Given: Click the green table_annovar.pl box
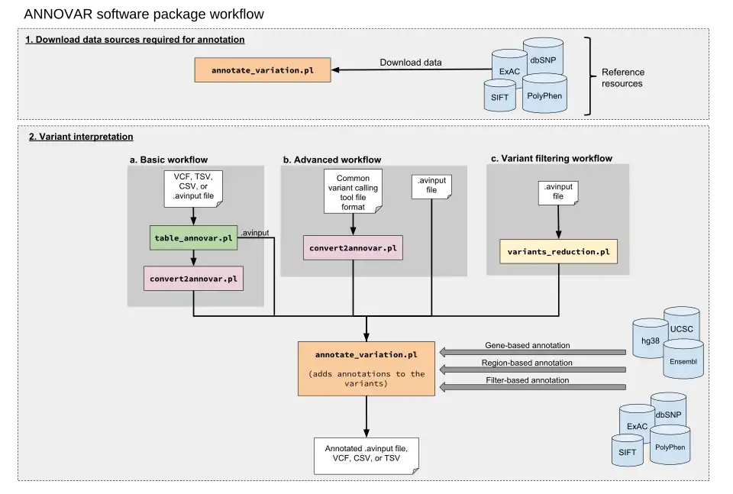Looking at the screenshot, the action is point(193,238).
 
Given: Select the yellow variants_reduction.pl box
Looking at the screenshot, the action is point(559,251).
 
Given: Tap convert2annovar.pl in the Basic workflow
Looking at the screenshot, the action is point(193,279).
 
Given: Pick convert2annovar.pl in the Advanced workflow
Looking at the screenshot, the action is point(353,247).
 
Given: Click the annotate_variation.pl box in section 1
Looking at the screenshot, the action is point(263,70).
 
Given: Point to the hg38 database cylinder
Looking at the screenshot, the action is point(651,338).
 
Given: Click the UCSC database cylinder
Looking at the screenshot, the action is point(682,324).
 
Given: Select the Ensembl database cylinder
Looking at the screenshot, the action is point(683,358).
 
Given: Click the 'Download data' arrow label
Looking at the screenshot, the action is point(411,62).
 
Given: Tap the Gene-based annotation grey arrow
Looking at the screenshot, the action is point(533,352).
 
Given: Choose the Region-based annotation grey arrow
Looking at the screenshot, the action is point(533,370).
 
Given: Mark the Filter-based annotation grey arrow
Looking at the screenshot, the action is point(533,387).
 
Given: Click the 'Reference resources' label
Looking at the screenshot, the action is point(623,78).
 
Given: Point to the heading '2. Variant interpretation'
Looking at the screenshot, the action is point(81,137).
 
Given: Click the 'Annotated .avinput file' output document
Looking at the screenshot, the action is point(366,456).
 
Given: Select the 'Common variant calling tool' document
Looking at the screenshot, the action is point(353,191).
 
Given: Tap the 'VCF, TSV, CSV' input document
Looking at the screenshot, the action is point(193,189).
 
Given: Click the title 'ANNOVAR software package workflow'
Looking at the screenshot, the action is point(144,14).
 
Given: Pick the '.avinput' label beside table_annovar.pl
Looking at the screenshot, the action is point(255,232).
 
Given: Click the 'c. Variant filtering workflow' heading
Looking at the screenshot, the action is point(551,159).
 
